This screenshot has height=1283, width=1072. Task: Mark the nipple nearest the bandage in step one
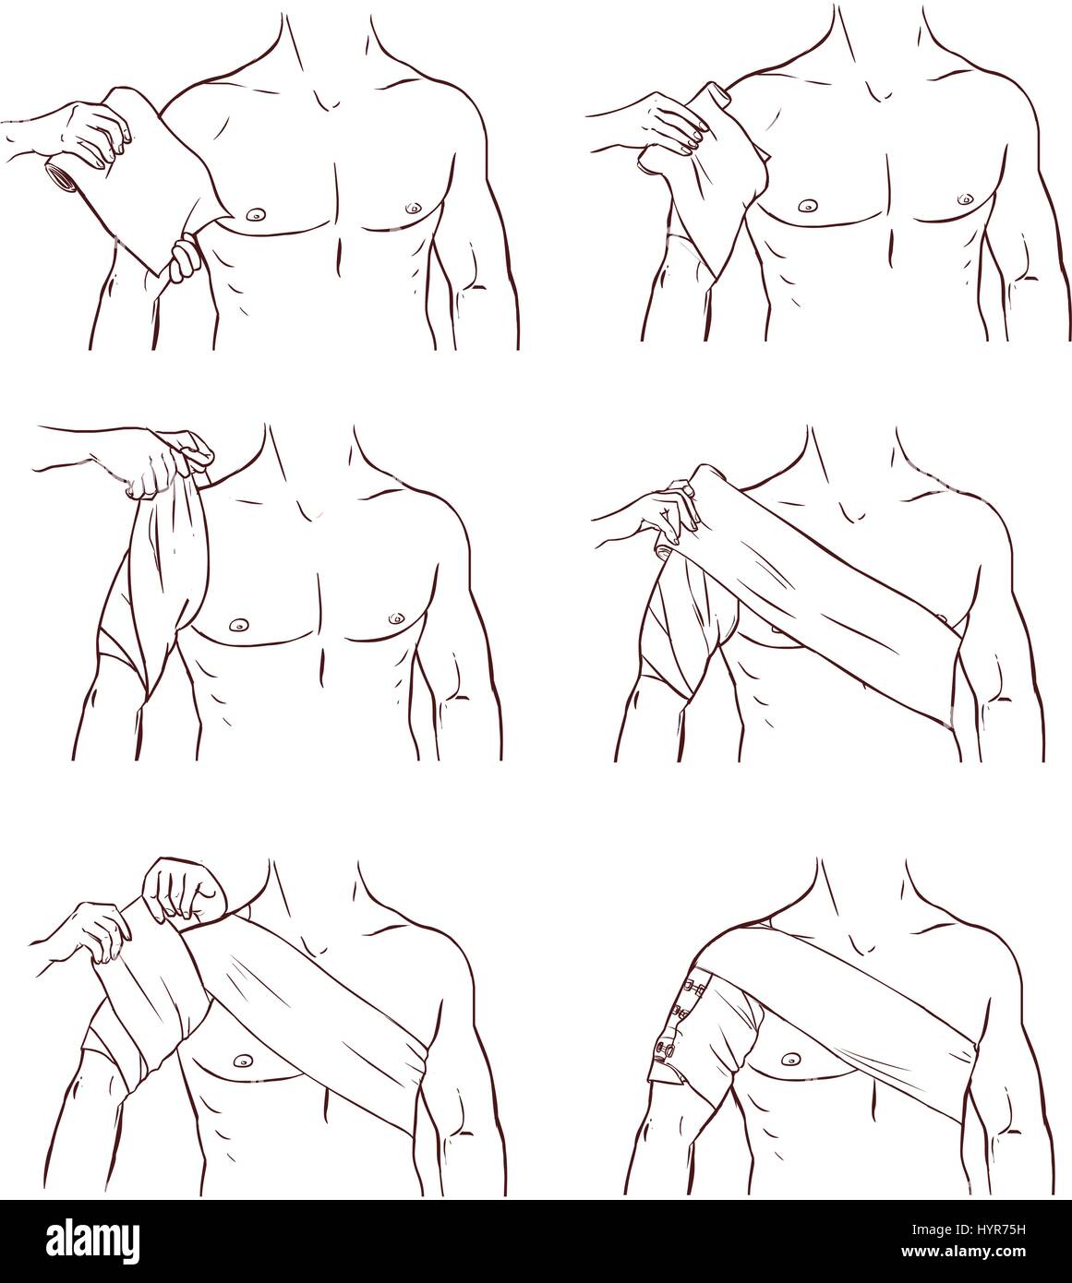coord(253,215)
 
